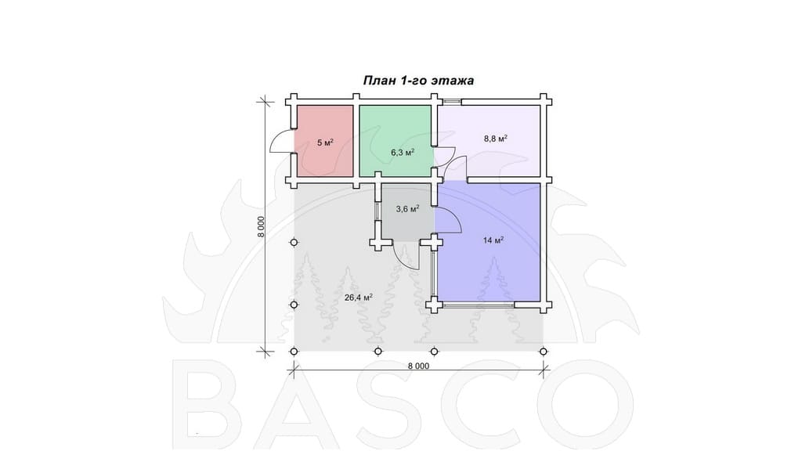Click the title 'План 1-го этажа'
(418, 81)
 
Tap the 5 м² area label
(325, 143)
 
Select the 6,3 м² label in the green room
(403, 152)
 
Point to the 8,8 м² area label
(495, 138)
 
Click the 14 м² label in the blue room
(493, 240)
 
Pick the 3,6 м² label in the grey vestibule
(407, 208)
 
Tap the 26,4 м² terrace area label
(358, 297)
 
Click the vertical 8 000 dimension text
(261, 226)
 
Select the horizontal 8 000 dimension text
(418, 366)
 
